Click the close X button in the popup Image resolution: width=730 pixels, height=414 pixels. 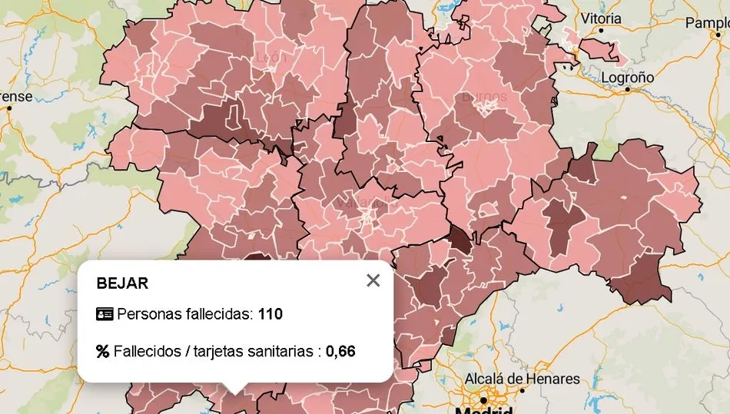[x=373, y=280]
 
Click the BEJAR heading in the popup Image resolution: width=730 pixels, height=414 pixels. [x=122, y=283]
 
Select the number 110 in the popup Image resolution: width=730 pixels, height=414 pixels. [x=270, y=313]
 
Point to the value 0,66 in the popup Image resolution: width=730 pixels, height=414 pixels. [x=340, y=351]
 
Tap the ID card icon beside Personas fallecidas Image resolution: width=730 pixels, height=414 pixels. [x=104, y=313]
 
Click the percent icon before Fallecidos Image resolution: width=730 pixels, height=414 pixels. [x=103, y=351]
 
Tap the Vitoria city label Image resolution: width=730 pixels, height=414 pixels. [x=601, y=18]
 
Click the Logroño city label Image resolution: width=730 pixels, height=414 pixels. [x=627, y=78]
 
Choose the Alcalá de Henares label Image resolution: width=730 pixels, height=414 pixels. [x=522, y=379]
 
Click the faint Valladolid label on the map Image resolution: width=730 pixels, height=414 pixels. [x=361, y=203]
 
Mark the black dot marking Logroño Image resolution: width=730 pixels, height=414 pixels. [x=627, y=89]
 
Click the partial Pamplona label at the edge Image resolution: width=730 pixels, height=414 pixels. [x=707, y=23]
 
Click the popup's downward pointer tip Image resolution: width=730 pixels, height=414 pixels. [x=235, y=390]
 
